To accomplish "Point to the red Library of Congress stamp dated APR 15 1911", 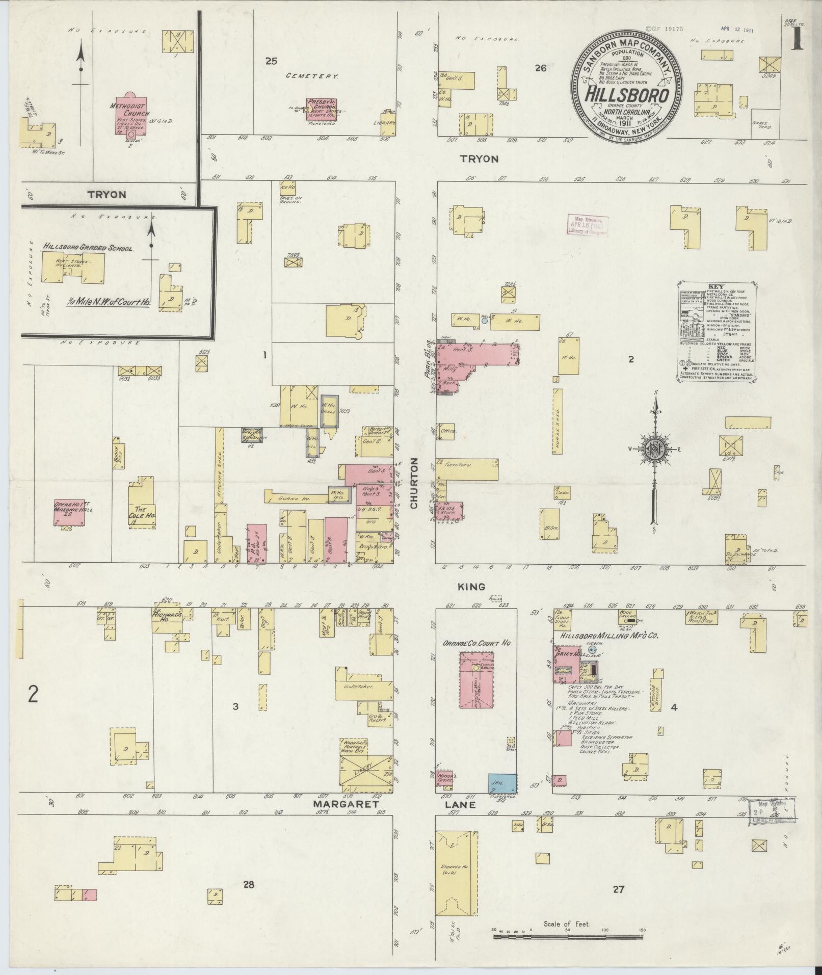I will (587, 225).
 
